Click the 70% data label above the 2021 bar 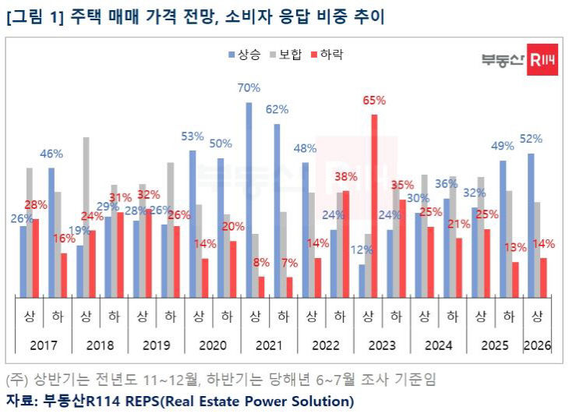pos(249,87)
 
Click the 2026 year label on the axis pos(537,344)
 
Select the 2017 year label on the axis pos(44,344)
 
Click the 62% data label pos(277,109)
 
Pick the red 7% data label pos(289,263)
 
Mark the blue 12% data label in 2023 pos(362,250)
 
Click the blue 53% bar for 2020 pos(193,223)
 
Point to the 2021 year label pos(269,344)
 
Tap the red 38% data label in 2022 pos(345,176)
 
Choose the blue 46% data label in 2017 pos(51,154)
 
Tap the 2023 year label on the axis pos(382,344)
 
